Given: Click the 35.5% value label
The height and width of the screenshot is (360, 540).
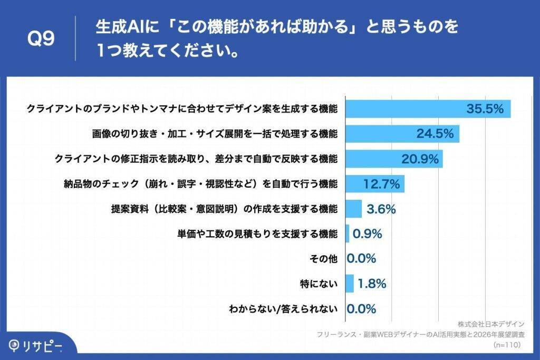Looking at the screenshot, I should coord(485,109).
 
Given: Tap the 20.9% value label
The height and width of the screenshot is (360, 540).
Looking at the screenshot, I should coord(417,159).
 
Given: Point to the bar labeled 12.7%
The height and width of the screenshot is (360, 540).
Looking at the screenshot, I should coord(374,184).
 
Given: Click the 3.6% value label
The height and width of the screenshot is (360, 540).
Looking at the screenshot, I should coord(381,209).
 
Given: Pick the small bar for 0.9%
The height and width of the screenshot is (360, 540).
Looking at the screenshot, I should coord(347,233).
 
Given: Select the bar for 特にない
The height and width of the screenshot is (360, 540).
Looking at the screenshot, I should coord(349,284).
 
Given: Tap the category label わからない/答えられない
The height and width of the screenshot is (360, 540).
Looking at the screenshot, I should coord(283,309).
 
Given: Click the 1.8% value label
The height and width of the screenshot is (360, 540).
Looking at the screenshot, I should coord(372,284).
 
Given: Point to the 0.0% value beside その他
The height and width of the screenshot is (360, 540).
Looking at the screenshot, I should coord(361,259).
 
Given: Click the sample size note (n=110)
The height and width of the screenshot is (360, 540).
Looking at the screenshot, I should coord(507,345).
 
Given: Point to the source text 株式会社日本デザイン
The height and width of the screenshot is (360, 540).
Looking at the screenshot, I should coord(491,324).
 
